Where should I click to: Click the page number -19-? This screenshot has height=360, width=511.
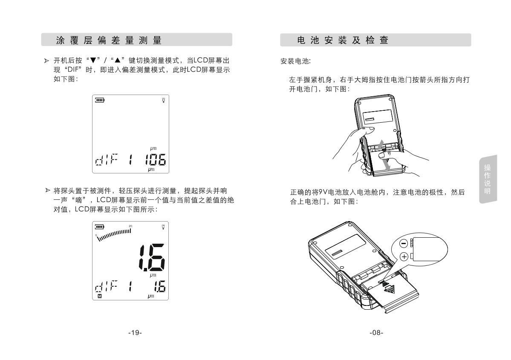click(135, 332)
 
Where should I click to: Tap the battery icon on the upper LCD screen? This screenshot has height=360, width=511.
click(100, 100)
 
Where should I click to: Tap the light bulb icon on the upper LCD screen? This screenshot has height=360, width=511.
click(163, 100)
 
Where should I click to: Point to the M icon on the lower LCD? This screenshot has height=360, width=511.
click(100, 296)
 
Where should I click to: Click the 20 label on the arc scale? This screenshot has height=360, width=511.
click(130, 226)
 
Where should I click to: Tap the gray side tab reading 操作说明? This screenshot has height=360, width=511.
click(488, 179)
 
